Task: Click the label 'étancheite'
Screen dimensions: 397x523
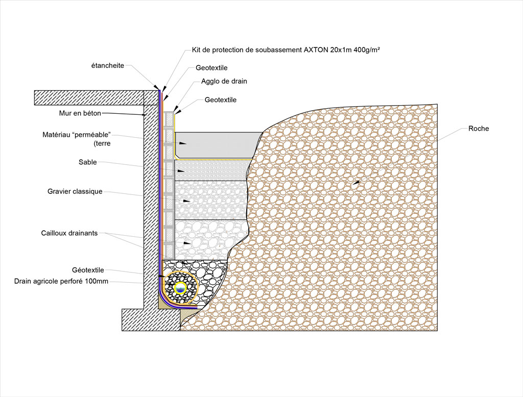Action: point(107,65)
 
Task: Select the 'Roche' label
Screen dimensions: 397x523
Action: point(479,129)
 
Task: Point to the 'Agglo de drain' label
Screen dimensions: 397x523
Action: point(224,81)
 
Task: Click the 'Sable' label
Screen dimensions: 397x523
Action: point(87,162)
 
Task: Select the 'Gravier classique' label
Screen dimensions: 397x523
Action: point(75,191)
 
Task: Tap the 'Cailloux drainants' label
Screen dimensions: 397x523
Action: point(69,233)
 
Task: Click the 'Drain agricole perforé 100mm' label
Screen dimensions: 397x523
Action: point(61,281)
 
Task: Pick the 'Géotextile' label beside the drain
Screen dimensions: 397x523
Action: point(88,270)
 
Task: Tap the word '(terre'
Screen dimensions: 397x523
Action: point(102,143)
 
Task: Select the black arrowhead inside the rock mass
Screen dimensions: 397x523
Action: point(358,182)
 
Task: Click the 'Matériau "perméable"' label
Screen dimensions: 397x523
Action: point(77,135)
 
